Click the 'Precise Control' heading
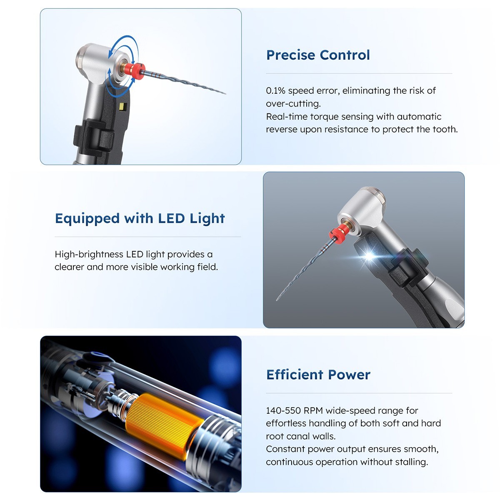(318, 55)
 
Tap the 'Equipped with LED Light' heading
(140, 218)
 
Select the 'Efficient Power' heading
(318, 375)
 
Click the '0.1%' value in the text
(275, 90)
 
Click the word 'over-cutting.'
(293, 103)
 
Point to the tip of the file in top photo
(225, 93)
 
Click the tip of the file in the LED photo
(277, 300)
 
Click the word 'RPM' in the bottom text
(313, 410)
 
